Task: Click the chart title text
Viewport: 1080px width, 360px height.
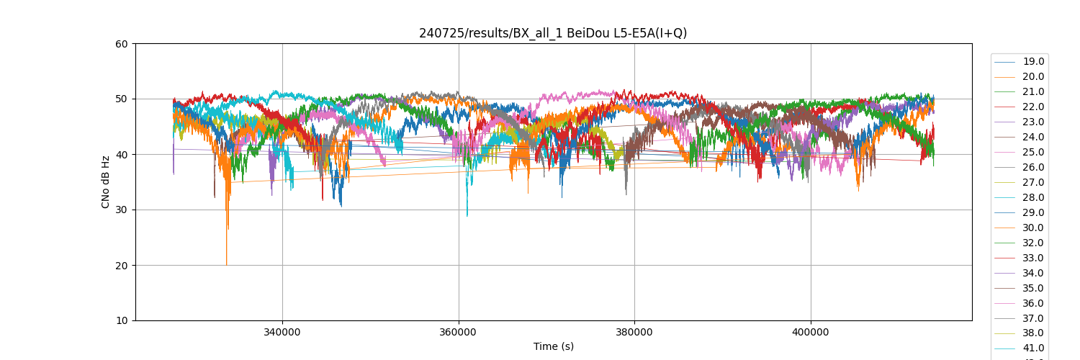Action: pos(553,33)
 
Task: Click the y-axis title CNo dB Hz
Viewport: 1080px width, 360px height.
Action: pos(106,182)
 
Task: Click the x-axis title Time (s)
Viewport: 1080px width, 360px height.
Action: pos(553,346)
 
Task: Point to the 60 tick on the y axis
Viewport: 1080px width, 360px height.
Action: pos(121,44)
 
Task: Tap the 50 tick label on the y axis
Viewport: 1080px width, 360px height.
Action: pos(121,99)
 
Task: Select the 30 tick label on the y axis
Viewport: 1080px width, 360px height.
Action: pos(121,210)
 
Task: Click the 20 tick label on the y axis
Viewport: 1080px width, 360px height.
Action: pos(121,266)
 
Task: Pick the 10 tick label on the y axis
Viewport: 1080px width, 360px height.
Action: pos(121,321)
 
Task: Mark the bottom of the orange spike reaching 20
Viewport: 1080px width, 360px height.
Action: pos(227,264)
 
